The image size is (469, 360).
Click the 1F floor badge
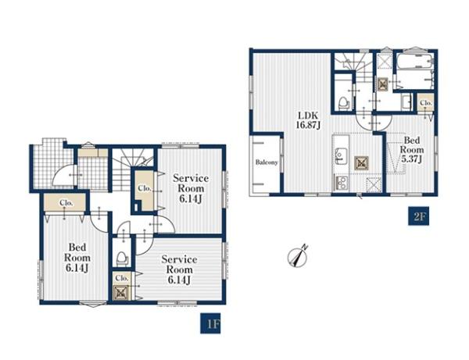(210, 323)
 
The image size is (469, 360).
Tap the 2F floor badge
(419, 216)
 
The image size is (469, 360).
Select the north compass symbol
(297, 256)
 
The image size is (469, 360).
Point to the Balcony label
(267, 162)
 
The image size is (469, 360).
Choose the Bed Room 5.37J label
(412, 149)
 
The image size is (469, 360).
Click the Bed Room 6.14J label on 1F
(77, 258)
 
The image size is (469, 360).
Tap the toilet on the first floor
(122, 259)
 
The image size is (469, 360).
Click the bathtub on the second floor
(414, 71)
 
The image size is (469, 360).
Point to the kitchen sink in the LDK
(340, 155)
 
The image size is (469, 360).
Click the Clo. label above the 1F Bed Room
(66, 202)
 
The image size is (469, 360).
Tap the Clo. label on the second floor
(426, 103)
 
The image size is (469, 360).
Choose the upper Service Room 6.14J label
(191, 188)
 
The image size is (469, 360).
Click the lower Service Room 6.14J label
(179, 269)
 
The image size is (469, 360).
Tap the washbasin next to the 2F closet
(406, 102)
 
